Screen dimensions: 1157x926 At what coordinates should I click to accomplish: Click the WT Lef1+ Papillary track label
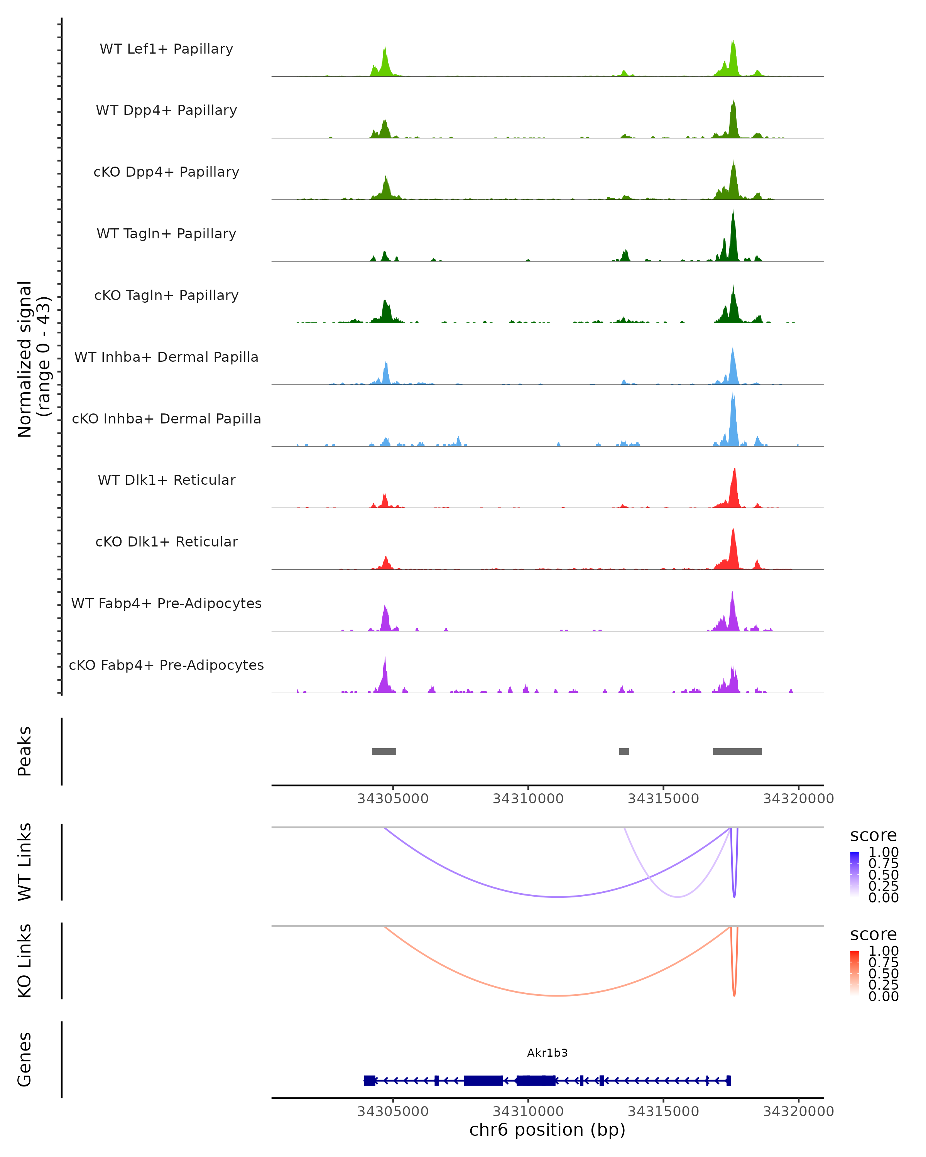point(166,49)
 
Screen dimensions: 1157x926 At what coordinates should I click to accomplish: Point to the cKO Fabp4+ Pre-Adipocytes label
point(166,665)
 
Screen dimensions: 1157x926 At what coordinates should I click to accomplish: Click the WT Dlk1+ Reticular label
point(166,480)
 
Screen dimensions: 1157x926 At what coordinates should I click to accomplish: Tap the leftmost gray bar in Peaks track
point(384,751)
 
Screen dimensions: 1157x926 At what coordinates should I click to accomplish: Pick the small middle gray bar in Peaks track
point(624,751)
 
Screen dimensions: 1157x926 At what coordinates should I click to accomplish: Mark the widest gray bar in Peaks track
point(737,751)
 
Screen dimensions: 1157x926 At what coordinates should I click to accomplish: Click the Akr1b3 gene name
point(547,1053)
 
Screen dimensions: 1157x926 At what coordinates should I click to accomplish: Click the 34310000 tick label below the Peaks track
point(528,799)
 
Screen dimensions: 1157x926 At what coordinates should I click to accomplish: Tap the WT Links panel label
point(25,862)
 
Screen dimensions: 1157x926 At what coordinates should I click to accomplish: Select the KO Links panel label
point(25,961)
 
